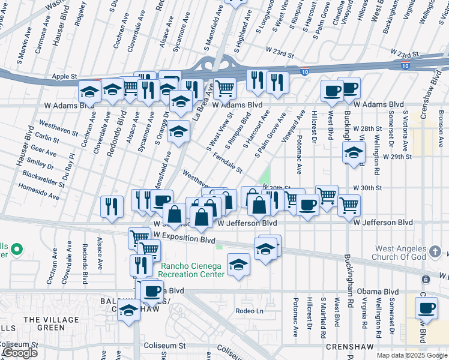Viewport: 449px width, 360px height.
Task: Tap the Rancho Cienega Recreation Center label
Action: [192, 270]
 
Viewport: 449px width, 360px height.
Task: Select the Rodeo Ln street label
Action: [250, 311]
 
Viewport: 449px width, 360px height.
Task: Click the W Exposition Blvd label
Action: [184, 240]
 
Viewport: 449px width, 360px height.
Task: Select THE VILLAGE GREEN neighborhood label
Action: [43, 323]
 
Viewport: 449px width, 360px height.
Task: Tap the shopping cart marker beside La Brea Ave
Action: [224, 88]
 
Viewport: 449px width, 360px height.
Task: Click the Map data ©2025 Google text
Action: [412, 355]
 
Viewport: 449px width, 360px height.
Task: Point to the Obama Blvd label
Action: [372, 292]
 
